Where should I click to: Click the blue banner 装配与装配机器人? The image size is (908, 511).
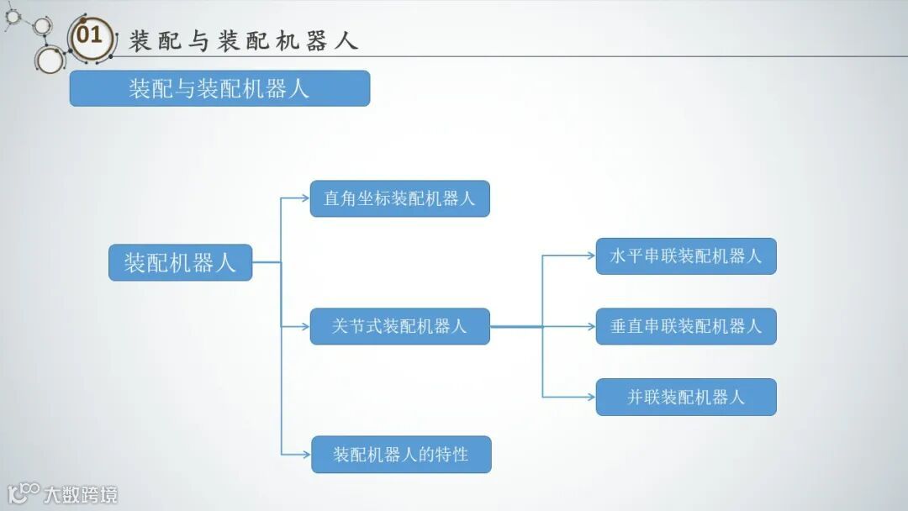coord(219,88)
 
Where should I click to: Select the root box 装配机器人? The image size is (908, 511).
coord(180,263)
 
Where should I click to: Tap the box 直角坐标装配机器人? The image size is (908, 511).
coord(399,199)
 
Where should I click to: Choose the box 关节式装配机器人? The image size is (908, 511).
coord(399,326)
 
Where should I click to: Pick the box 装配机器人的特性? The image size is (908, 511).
coord(401,455)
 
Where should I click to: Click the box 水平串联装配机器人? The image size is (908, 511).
coord(685,256)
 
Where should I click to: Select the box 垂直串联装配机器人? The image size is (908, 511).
coord(685,326)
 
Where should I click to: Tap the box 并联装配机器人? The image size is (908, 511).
coord(685,397)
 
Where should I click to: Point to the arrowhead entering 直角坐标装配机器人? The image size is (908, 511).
coord(306,199)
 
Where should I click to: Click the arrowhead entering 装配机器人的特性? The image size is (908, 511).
coord(307,455)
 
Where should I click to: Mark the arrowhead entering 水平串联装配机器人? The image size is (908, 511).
coord(591,255)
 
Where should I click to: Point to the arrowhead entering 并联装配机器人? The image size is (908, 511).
coord(591,397)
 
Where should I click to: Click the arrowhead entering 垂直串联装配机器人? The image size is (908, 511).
coord(591,326)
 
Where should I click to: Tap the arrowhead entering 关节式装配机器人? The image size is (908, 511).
coord(306,326)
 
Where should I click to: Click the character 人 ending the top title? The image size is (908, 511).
coord(346,40)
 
